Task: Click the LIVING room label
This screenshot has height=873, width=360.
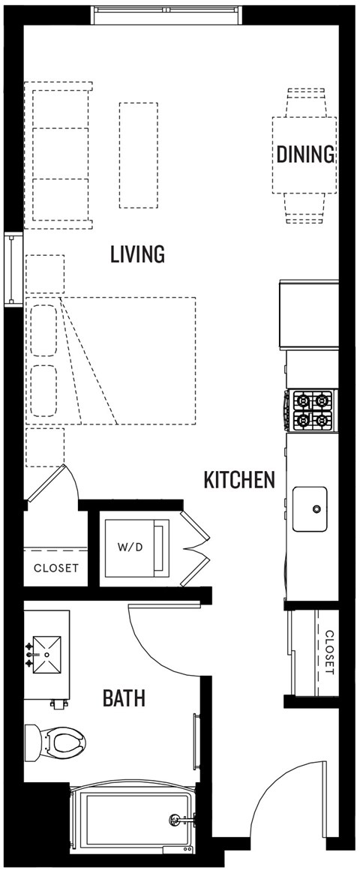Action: pyautogui.click(x=137, y=254)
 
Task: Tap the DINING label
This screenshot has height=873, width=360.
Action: pyautogui.click(x=304, y=154)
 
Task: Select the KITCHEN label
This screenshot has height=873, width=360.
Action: pyautogui.click(x=239, y=479)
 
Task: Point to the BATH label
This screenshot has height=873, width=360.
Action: pyautogui.click(x=124, y=699)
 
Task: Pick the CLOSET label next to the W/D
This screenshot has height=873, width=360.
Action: pyautogui.click(x=56, y=568)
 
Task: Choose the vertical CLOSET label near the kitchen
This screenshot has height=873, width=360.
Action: pyautogui.click(x=328, y=651)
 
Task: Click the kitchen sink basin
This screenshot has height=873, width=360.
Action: pyautogui.click(x=310, y=509)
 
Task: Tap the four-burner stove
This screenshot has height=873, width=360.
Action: pyautogui.click(x=312, y=410)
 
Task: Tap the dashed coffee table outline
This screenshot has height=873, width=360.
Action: pyautogui.click(x=139, y=155)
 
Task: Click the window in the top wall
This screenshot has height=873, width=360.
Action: pyautogui.click(x=167, y=13)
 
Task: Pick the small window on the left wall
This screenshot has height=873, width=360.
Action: pyautogui.click(x=13, y=270)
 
